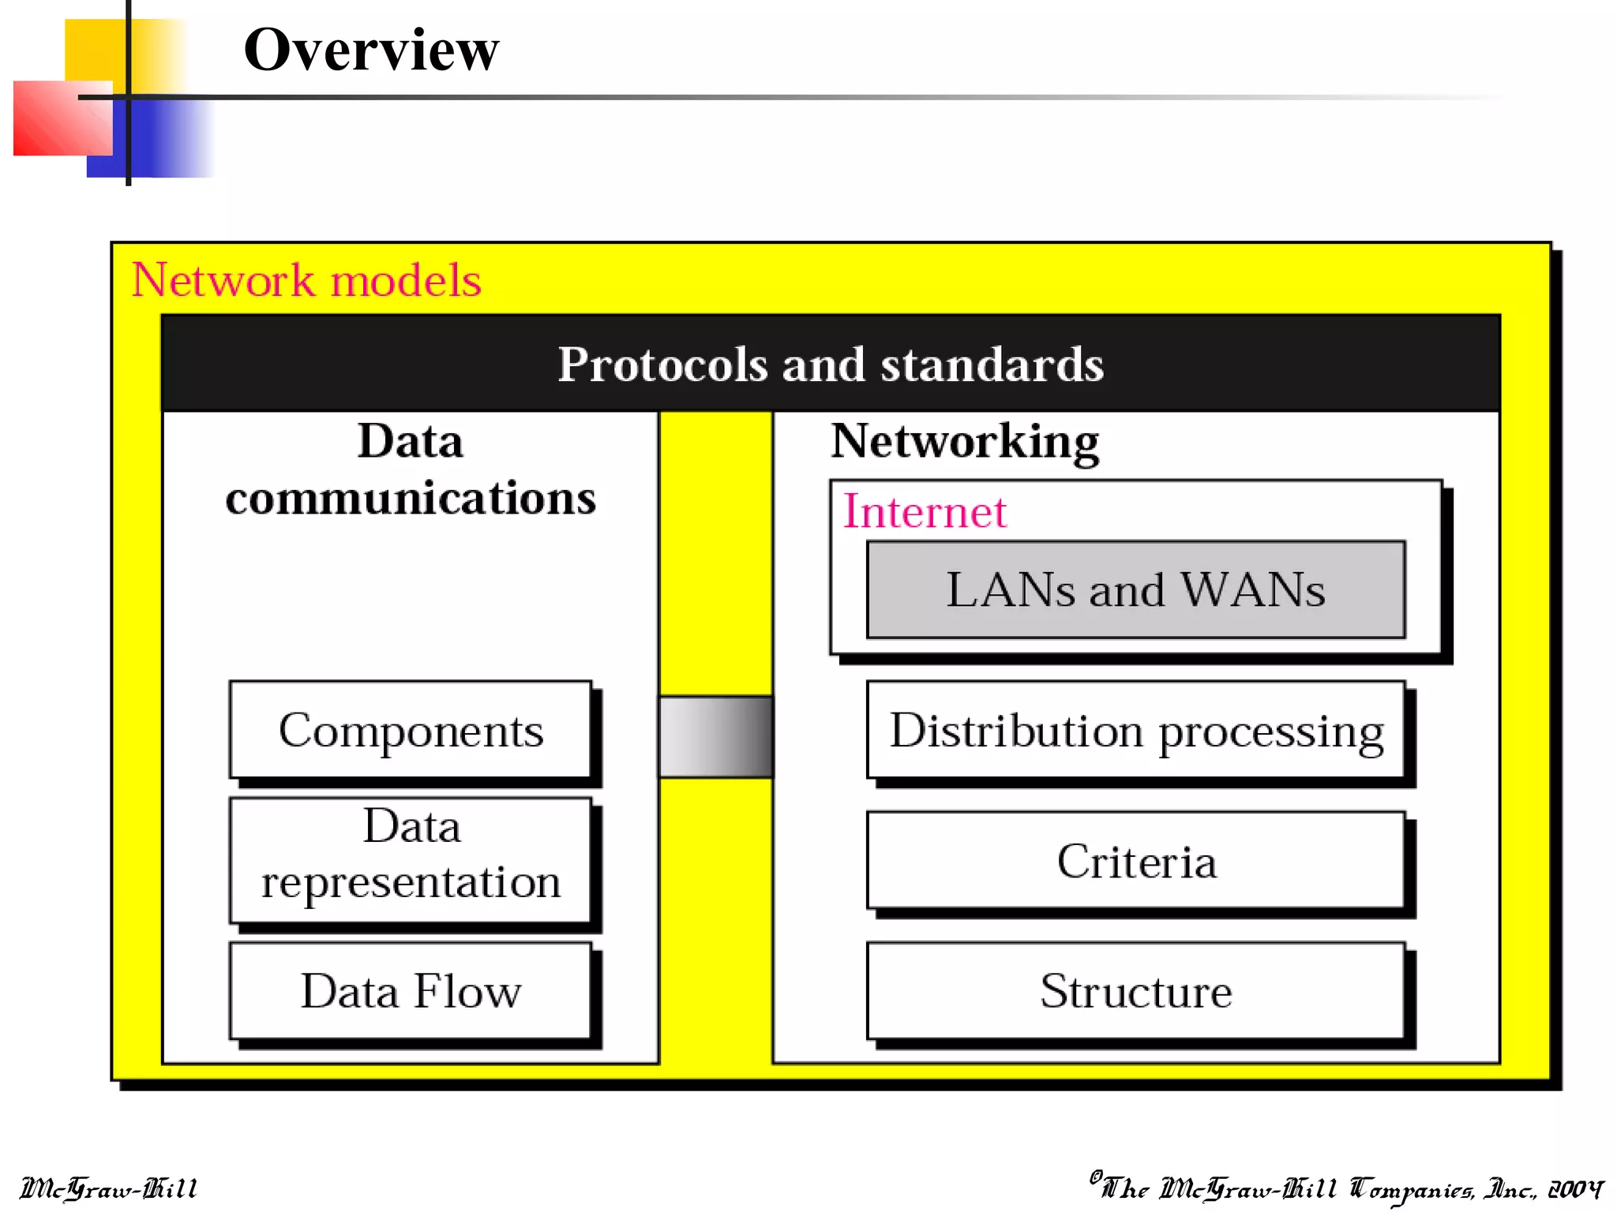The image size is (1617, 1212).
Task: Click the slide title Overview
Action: (371, 50)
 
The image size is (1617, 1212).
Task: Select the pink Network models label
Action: (306, 280)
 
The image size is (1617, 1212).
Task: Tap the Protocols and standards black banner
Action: (831, 364)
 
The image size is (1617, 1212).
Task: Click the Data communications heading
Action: (411, 469)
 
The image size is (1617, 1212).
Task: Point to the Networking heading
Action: (964, 441)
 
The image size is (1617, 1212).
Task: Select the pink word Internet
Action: (925, 511)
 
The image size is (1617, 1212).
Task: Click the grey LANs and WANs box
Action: (1135, 589)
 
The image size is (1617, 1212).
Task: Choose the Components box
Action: (411, 730)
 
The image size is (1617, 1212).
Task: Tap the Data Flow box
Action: (411, 991)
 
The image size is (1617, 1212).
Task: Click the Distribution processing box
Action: (1135, 730)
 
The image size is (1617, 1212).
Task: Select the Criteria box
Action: (1135, 860)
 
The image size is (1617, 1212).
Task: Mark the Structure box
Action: (1135, 991)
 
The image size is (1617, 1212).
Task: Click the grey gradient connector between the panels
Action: (715, 736)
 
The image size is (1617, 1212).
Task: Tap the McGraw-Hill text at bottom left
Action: (108, 1188)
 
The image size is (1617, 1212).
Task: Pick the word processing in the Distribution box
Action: (1271, 732)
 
